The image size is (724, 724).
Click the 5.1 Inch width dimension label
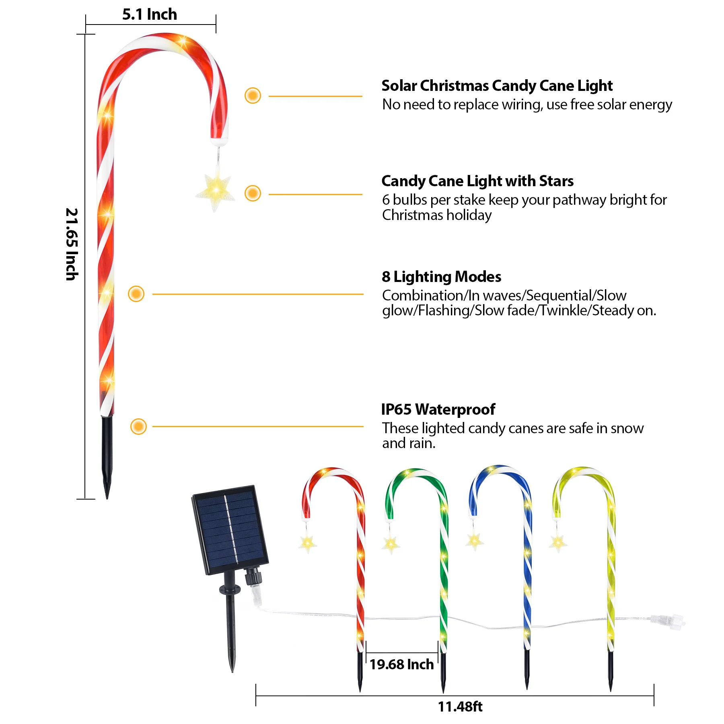150,14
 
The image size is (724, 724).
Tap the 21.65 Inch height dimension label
72,244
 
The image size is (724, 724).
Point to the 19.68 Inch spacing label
401,664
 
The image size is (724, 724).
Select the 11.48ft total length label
460,707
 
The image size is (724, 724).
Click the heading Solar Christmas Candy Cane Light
497,86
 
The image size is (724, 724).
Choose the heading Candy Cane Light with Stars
477,181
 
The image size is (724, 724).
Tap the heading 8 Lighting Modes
441,277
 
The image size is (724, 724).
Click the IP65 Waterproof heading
438,409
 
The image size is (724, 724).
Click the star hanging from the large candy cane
216,189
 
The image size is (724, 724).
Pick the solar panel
230,530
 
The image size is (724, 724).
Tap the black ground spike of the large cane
107,457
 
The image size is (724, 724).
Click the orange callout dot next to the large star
253,193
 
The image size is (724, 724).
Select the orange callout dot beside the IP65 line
138,426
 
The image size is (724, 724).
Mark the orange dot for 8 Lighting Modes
136,294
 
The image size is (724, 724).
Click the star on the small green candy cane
391,544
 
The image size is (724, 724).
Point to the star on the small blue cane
475,541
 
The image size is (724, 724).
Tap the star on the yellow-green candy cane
558,543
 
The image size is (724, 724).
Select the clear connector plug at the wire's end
668,621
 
